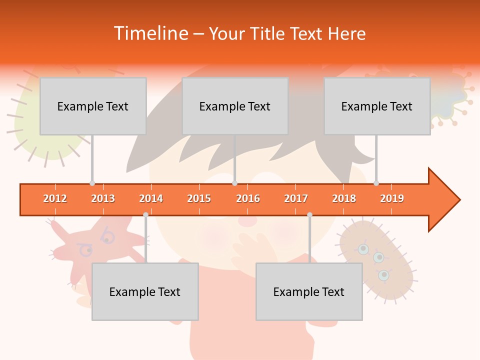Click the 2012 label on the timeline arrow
(55, 198)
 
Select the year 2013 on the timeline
(103, 198)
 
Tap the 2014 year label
(151, 198)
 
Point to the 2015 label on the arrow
(199, 198)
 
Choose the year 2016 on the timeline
(248, 198)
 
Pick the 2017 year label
(296, 198)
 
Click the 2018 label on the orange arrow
(344, 198)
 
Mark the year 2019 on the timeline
(392, 198)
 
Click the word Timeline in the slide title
(149, 33)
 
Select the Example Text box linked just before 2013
(93, 106)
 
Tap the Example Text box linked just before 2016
(235, 106)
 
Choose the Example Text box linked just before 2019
(377, 106)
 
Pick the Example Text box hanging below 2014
(145, 291)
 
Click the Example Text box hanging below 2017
(309, 291)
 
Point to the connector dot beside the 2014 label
(145, 214)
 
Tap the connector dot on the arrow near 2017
(309, 214)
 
